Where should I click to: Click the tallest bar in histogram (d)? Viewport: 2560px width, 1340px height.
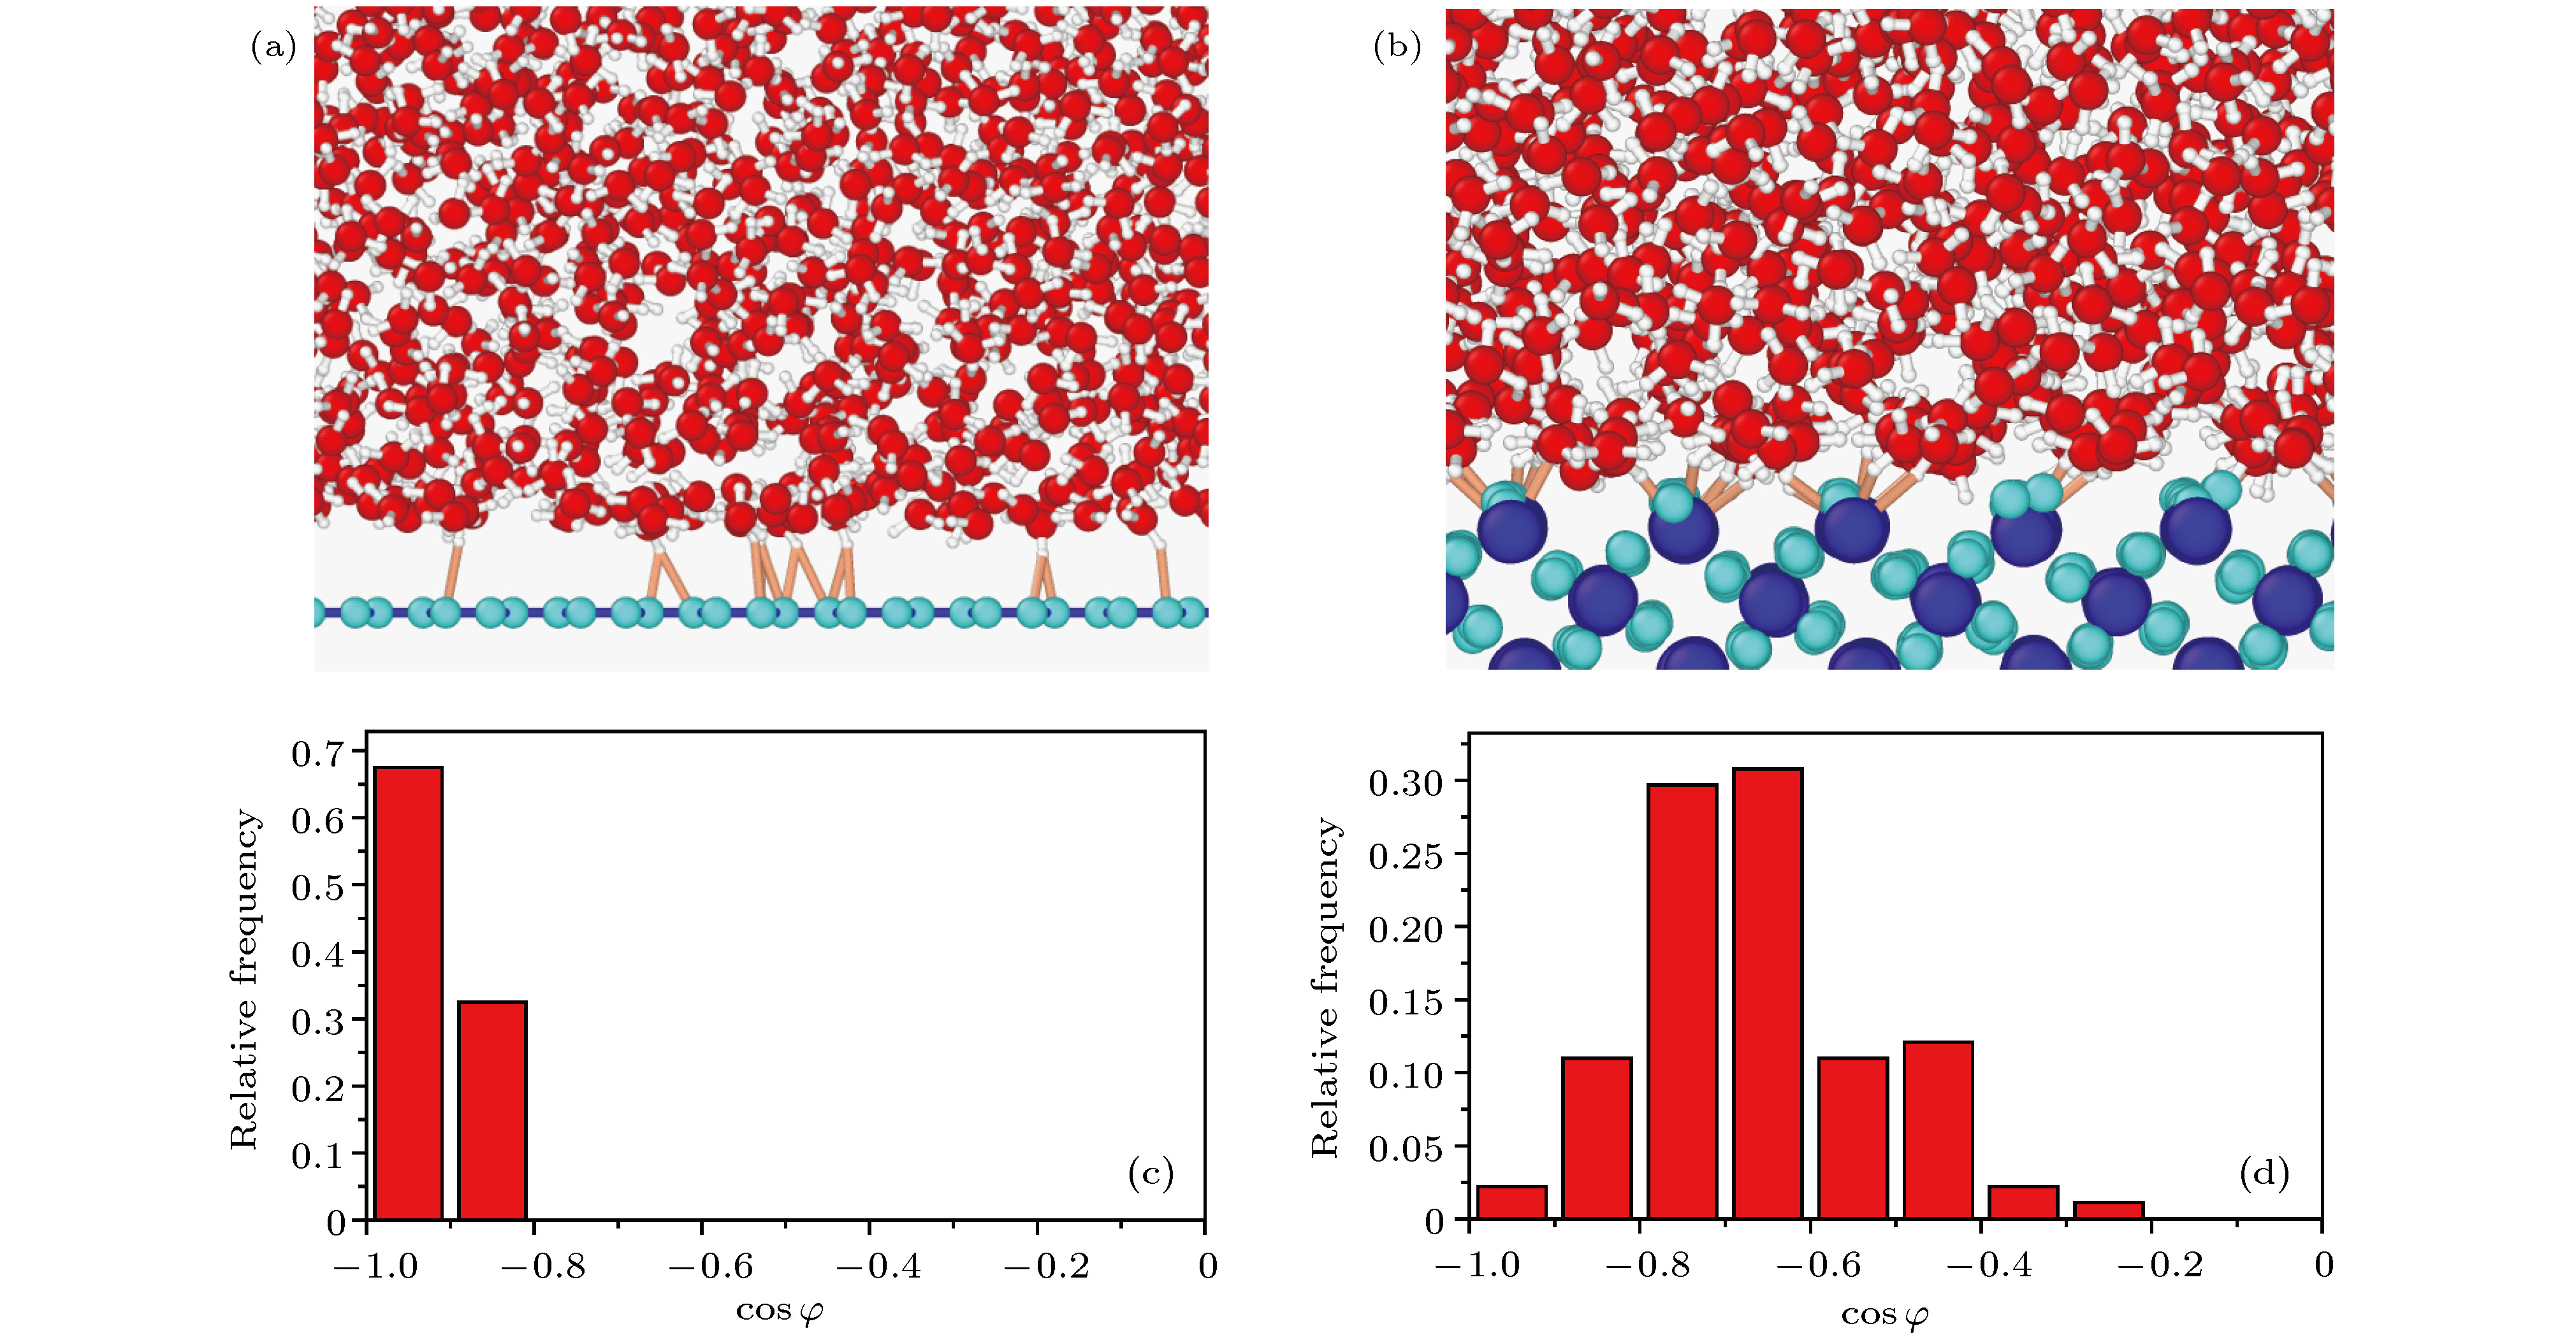(x=1767, y=993)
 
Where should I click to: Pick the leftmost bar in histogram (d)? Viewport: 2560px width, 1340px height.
(x=1511, y=1202)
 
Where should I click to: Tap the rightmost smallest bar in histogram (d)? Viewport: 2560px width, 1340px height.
(x=2108, y=1210)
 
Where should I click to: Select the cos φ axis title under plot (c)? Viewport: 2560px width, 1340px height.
(x=779, y=1311)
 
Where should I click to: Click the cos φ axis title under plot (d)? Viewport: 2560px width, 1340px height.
(x=1884, y=1315)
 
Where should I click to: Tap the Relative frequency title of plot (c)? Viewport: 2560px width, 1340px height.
(x=244, y=979)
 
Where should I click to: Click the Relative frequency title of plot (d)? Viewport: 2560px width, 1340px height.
(x=1325, y=986)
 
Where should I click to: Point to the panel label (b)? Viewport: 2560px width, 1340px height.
(x=1396, y=47)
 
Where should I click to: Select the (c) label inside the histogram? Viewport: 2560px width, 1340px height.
(x=1150, y=1173)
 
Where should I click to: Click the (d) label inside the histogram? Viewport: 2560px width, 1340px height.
(x=2264, y=1173)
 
